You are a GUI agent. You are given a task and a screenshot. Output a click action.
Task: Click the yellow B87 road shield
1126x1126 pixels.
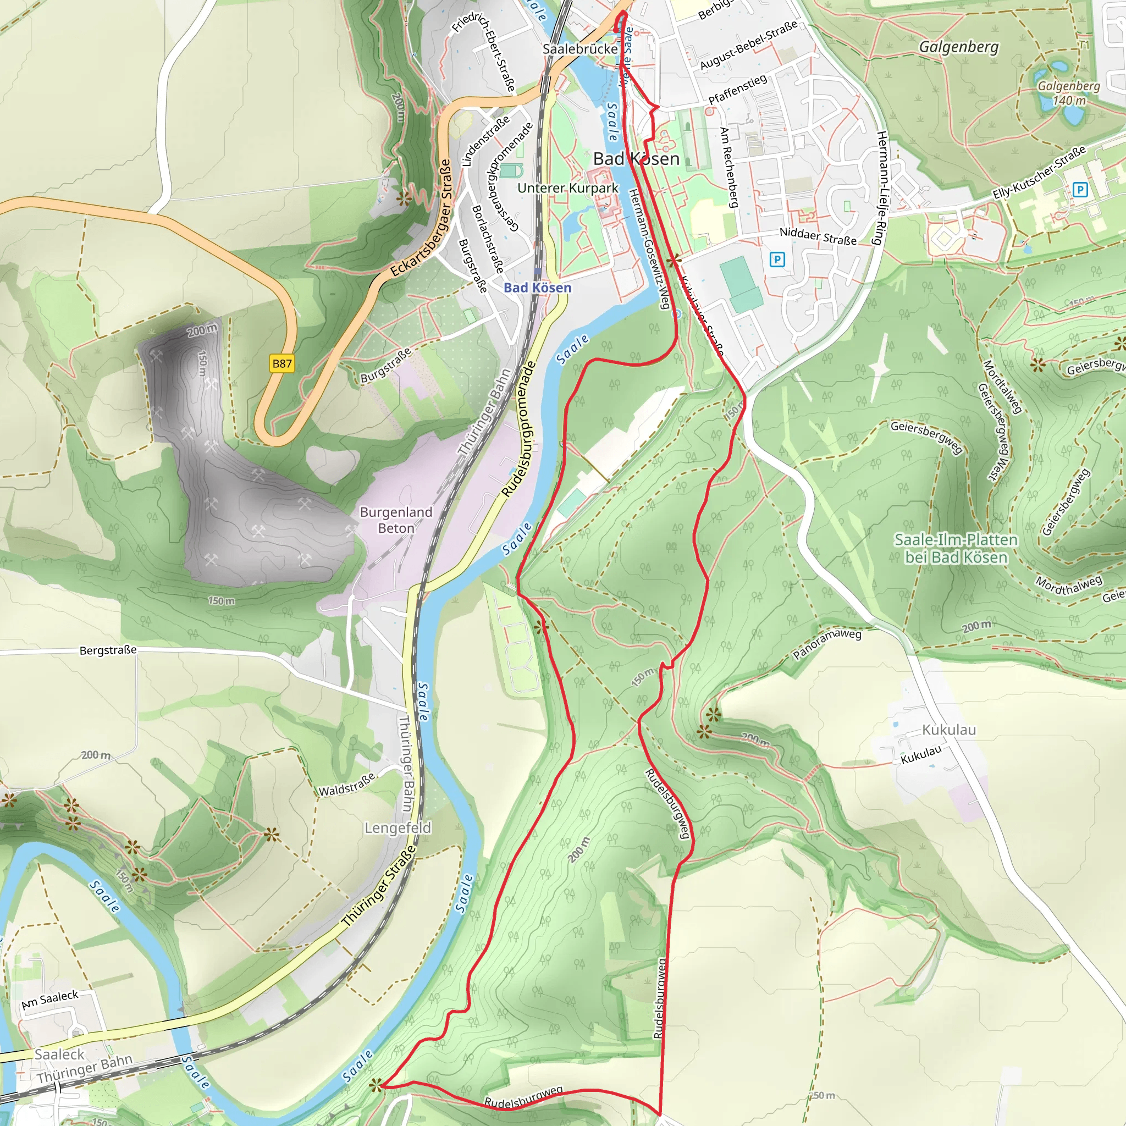282,363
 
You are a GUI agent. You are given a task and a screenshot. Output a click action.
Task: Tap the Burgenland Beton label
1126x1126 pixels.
396,520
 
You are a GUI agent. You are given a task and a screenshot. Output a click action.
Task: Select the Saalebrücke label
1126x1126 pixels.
580,49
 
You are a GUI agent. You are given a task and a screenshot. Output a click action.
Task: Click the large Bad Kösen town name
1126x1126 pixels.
636,158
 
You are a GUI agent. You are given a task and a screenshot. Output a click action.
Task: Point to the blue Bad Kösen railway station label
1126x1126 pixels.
537,288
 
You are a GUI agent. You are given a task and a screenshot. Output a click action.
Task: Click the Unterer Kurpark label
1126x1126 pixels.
567,187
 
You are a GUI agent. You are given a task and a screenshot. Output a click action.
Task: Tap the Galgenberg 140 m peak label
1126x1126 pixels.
1068,93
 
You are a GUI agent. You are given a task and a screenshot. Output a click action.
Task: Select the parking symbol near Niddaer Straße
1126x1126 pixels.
777,259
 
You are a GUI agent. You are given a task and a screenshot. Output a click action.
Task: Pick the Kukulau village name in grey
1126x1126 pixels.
949,730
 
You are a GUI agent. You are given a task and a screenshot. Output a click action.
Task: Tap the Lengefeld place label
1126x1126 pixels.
398,827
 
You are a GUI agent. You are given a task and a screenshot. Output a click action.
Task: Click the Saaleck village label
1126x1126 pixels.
59,1054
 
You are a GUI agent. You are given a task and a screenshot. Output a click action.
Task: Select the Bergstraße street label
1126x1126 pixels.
108,650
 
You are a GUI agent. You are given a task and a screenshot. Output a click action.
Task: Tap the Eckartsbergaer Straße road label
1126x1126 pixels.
421,218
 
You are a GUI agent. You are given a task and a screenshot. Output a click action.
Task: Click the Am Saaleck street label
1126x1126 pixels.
50,1000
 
